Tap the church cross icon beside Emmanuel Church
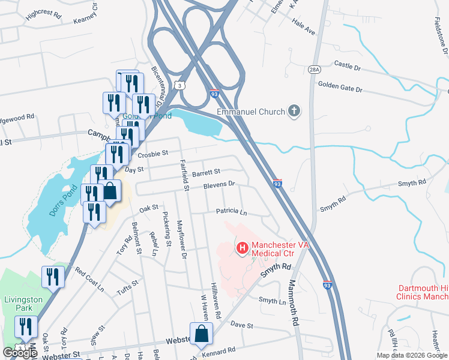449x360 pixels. tap(294, 110)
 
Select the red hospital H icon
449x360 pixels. tap(243, 247)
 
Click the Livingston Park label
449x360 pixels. tap(21, 304)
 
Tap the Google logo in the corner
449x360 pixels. tap(20, 353)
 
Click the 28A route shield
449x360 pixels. tap(314, 70)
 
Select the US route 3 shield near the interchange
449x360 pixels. tap(179, 86)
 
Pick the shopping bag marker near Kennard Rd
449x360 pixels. tap(201, 334)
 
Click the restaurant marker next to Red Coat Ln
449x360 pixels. tap(53, 277)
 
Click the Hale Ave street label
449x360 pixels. tap(303, 28)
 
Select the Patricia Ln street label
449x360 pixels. tap(231, 212)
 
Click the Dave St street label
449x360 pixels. tap(243, 325)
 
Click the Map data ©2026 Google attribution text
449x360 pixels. tap(411, 355)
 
